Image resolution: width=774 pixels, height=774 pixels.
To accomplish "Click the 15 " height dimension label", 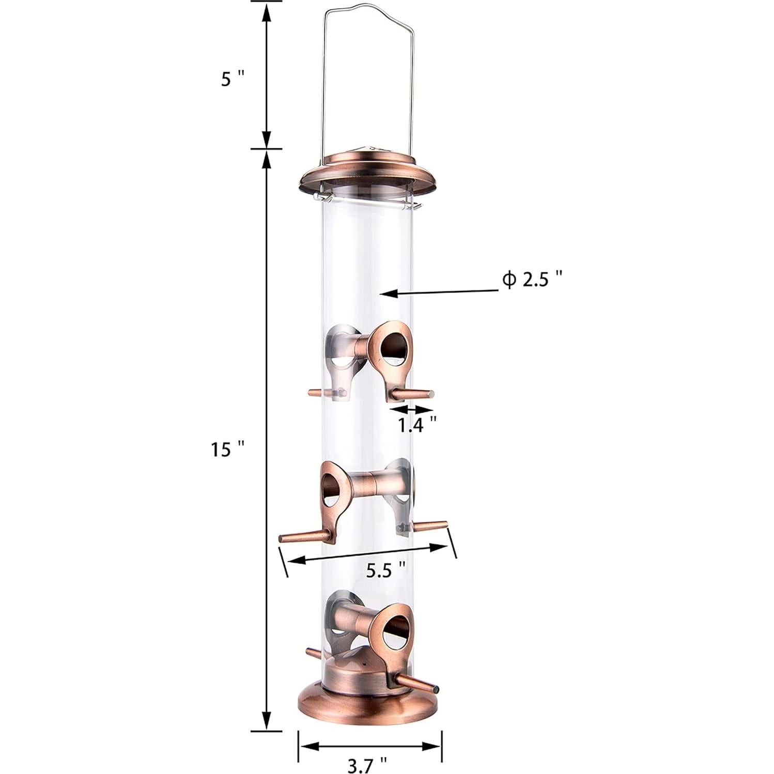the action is (226, 450).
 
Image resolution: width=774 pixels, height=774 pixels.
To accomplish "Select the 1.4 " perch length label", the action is (417, 425).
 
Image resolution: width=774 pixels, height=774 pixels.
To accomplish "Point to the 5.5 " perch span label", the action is (385, 571).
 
